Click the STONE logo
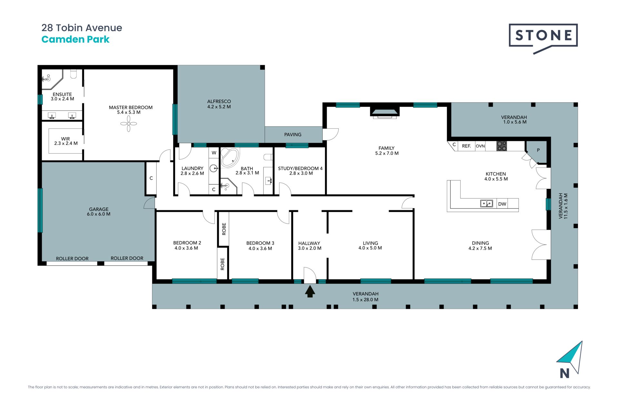[543, 38]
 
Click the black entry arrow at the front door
[310, 291]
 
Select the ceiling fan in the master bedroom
[129, 124]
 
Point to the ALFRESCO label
[219, 101]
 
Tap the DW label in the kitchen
[502, 204]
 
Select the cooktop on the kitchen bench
[502, 146]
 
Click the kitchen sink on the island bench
[486, 204]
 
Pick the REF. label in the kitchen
[466, 146]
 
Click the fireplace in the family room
[385, 113]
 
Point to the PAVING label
[293, 135]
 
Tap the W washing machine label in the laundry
[214, 153]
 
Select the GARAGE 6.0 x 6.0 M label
[99, 212]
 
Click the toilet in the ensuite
[74, 74]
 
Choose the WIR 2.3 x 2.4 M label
[66, 141]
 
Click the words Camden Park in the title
[75, 39]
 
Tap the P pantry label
[538, 150]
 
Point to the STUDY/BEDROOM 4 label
[300, 168]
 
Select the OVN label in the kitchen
[480, 146]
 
